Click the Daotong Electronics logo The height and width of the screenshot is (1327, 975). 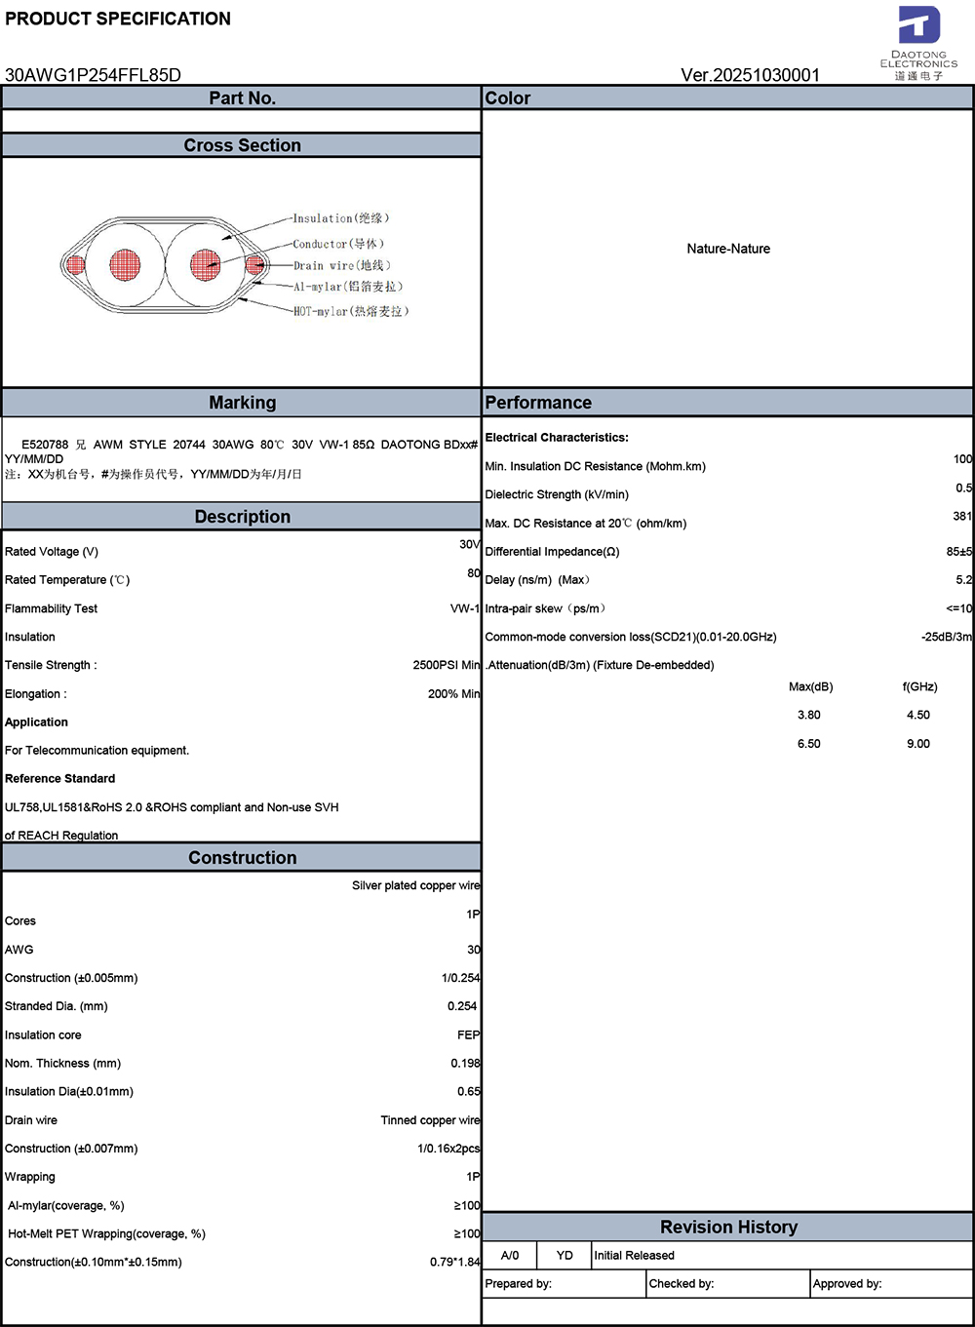coord(918,43)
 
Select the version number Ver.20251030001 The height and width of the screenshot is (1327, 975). coord(750,75)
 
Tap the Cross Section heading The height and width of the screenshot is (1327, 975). coord(242,145)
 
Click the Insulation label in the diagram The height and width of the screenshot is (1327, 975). coord(340,218)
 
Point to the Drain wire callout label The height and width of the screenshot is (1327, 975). coord(341,265)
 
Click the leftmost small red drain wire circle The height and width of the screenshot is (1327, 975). coord(75,263)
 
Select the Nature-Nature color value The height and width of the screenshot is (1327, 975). coord(728,249)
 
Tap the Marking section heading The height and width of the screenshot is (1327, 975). coord(242,403)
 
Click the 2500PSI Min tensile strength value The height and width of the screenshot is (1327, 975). coord(447,665)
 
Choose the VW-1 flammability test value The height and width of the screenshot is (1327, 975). coord(464,608)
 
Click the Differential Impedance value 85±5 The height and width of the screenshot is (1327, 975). coord(958,552)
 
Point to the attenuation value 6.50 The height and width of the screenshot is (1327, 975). coord(808,744)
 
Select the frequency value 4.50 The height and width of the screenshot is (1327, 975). coord(917,715)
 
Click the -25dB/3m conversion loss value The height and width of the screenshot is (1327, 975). coord(946,637)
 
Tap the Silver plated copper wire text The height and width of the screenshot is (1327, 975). coord(415,885)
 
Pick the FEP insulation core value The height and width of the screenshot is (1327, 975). coord(468,1034)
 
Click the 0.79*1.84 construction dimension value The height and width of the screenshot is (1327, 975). coord(454,1262)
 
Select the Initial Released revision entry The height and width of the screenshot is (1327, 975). coord(634,1256)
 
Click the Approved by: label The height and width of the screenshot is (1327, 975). coord(846,1284)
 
